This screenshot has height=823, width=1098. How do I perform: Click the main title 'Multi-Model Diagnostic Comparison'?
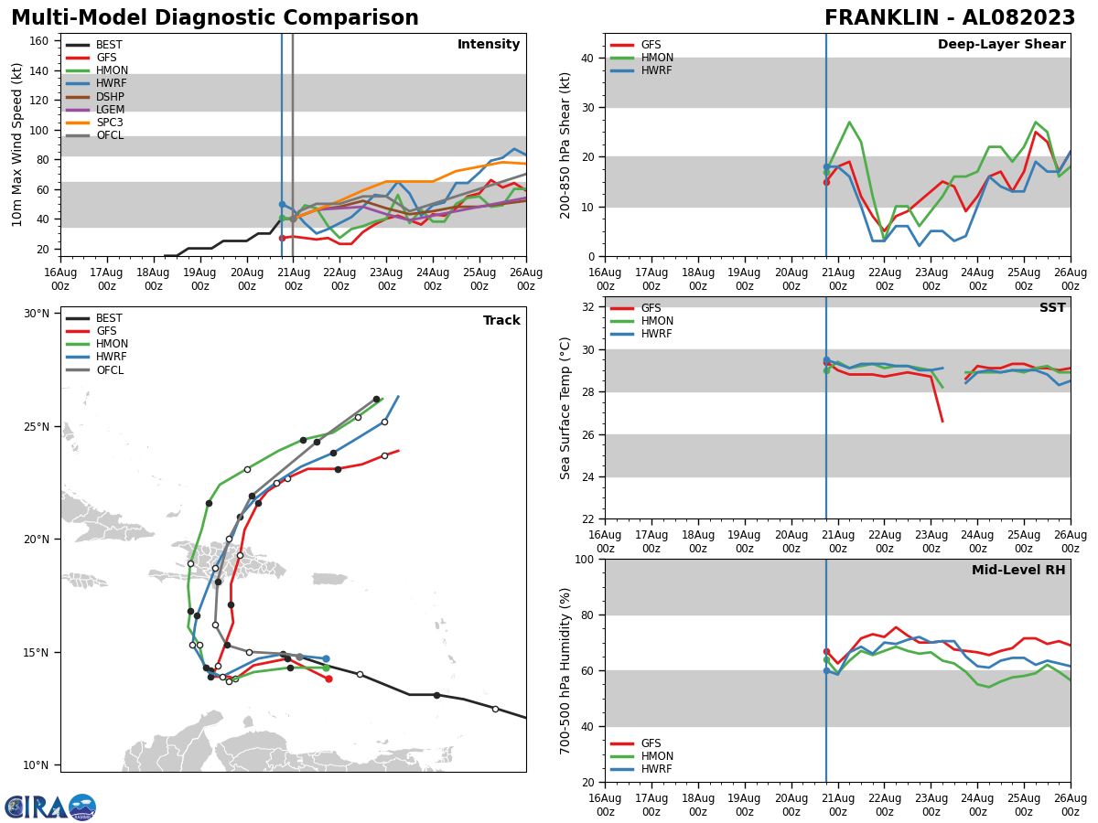215,18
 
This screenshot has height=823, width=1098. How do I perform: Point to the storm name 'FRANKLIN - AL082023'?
950,18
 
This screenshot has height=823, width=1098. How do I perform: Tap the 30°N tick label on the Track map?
37,314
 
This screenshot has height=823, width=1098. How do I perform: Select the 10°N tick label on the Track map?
37,765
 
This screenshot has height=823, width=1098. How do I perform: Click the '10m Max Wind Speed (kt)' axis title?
17,144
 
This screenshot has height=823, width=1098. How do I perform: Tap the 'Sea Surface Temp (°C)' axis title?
565,408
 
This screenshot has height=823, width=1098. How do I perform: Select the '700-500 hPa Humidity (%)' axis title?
565,670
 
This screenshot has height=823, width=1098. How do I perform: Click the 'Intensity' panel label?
489,45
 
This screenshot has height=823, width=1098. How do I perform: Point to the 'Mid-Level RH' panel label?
1018,571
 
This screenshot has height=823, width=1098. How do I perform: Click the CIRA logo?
50,807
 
